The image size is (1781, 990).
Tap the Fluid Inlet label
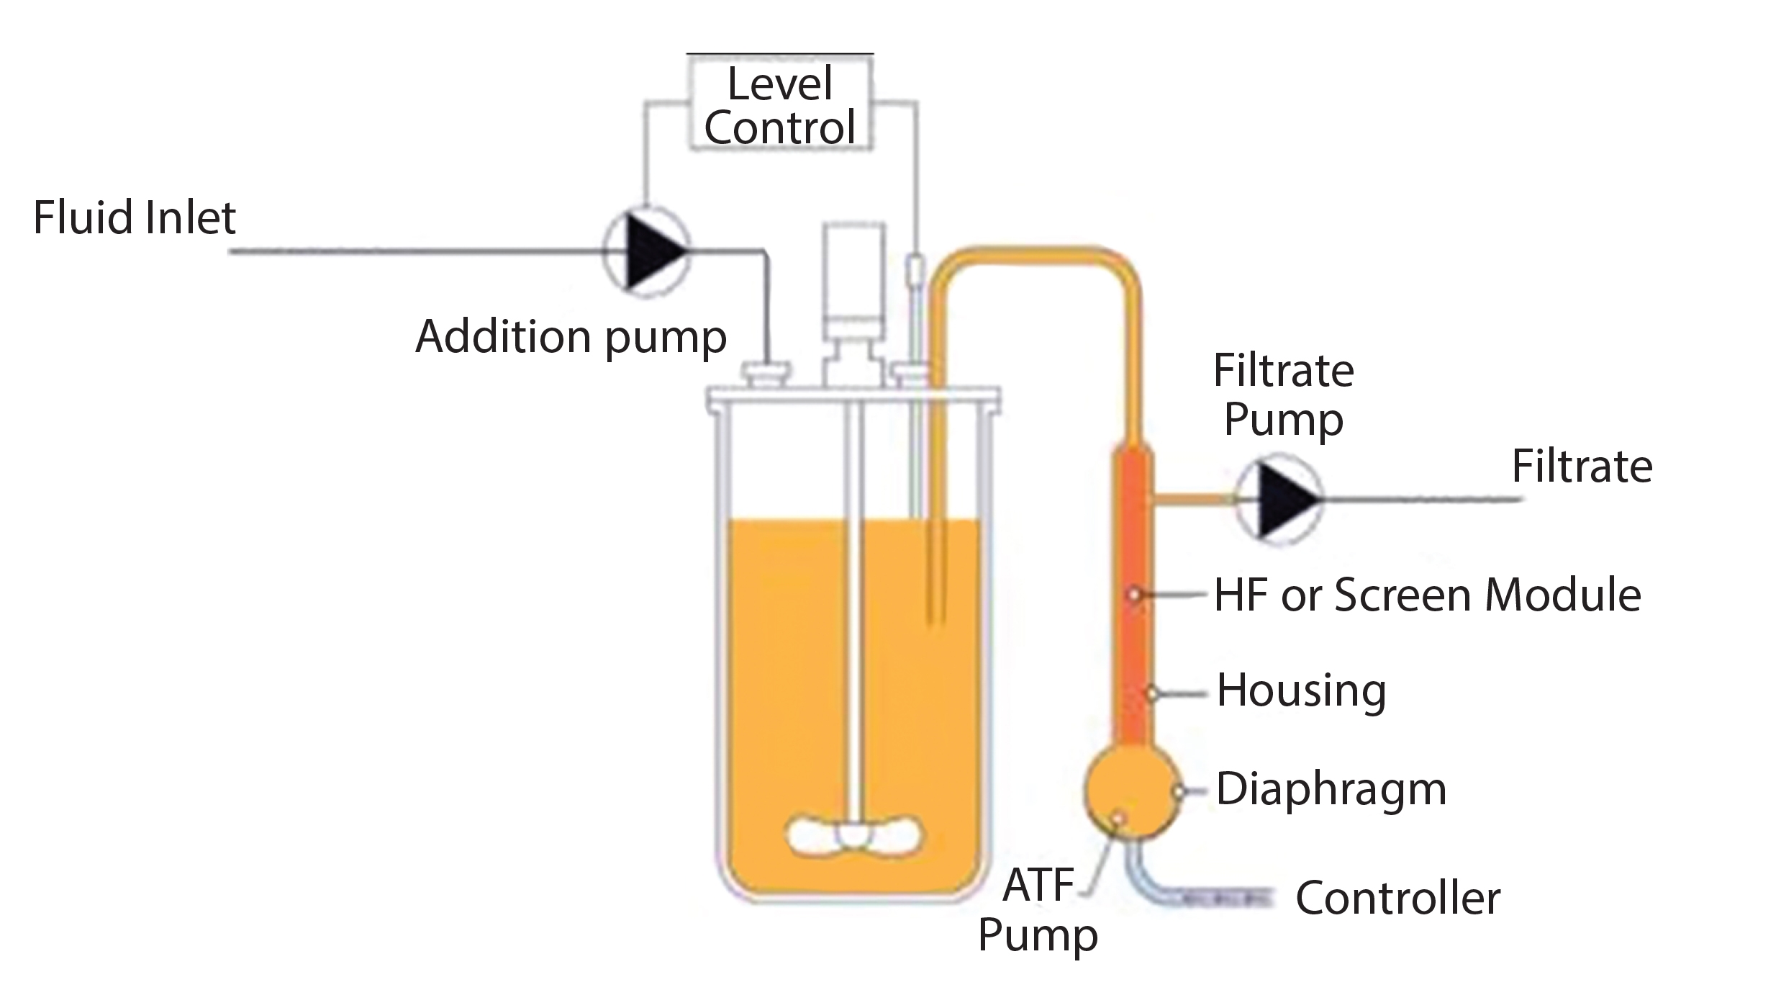[134, 218]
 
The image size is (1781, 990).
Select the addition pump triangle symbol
[651, 251]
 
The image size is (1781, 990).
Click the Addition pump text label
[571, 337]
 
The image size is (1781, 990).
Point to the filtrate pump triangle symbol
[1284, 499]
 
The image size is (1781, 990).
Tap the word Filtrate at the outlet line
[1581, 467]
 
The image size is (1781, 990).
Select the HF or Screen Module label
[1427, 595]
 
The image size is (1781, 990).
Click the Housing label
[1301, 690]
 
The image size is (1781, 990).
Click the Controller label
[1397, 899]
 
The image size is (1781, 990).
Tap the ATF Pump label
[1038, 909]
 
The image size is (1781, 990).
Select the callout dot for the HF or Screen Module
[1134, 595]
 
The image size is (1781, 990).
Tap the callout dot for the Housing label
[1152, 694]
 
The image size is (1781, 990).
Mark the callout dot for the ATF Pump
[1119, 818]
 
